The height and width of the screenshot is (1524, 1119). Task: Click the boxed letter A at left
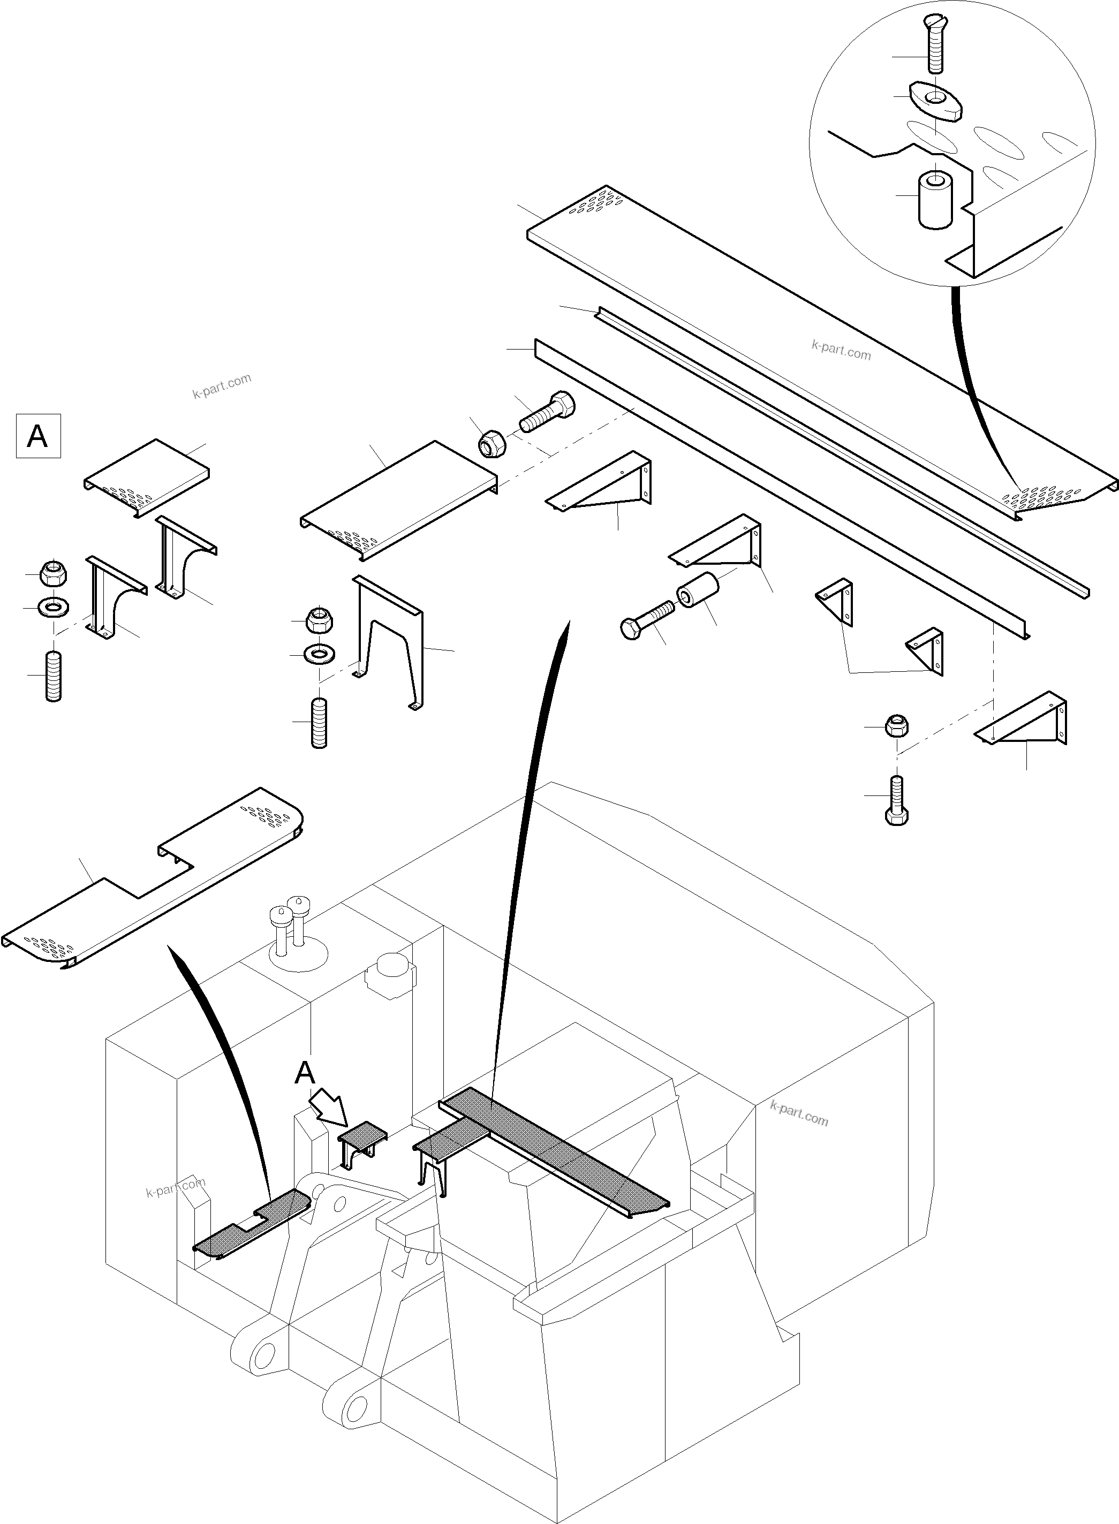[x=38, y=436]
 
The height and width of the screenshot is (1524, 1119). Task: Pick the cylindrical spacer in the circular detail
[x=935, y=199]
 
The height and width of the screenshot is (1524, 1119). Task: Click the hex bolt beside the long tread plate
[x=547, y=412]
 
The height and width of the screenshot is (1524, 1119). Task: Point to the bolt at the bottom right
[x=896, y=800]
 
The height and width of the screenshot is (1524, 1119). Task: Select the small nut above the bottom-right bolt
[x=896, y=726]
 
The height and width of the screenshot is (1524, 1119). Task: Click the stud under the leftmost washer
[x=54, y=676]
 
